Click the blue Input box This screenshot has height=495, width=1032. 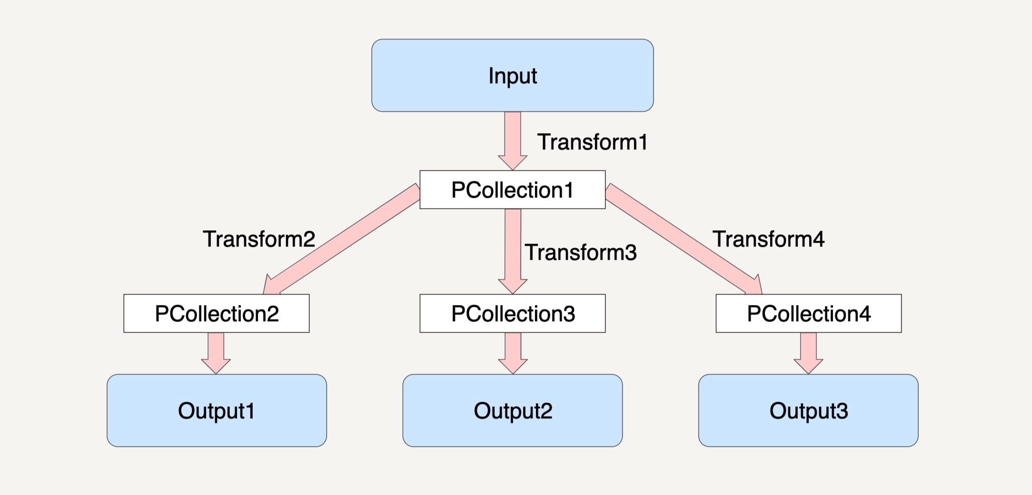pyautogui.click(x=513, y=76)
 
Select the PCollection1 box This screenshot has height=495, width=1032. pyautogui.click(x=513, y=189)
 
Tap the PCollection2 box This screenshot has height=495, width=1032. pyautogui.click(x=217, y=313)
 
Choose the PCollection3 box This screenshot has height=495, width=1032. pyautogui.click(x=513, y=313)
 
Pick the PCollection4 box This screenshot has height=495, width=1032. pyautogui.click(x=809, y=313)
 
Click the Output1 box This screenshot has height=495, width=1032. pyautogui.click(x=217, y=410)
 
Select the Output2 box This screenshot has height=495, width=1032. pyautogui.click(x=513, y=410)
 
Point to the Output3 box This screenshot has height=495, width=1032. pyautogui.click(x=808, y=410)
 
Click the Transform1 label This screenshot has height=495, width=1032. pyautogui.click(x=593, y=142)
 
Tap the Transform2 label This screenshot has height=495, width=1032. pyautogui.click(x=259, y=239)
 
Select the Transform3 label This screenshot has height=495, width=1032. pyautogui.click(x=581, y=252)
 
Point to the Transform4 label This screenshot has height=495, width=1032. pyautogui.click(x=768, y=239)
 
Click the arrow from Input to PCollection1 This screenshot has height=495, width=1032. pyautogui.click(x=513, y=141)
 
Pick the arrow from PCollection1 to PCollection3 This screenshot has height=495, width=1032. pyautogui.click(x=513, y=251)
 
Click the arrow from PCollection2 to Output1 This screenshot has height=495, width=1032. pyautogui.click(x=216, y=353)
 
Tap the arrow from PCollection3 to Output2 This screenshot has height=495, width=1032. pyautogui.click(x=513, y=353)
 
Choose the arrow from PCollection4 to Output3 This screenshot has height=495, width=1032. pyautogui.click(x=808, y=353)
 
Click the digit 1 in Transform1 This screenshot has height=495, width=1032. pyautogui.click(x=643, y=142)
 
